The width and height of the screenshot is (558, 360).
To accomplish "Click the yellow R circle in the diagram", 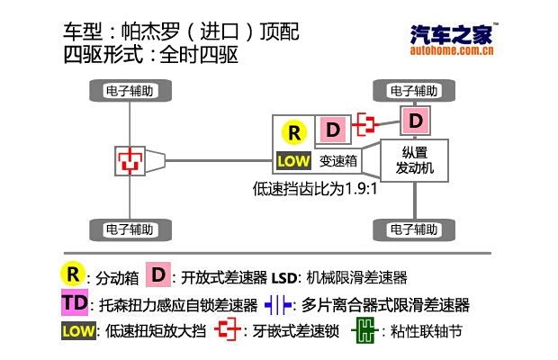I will coord(293,132).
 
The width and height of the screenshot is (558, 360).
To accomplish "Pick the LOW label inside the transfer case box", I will coord(293,163).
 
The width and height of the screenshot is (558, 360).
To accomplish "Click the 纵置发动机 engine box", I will coord(415,159).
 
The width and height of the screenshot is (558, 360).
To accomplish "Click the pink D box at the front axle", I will coord(415,120).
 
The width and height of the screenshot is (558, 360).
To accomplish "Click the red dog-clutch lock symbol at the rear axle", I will coord(131,160).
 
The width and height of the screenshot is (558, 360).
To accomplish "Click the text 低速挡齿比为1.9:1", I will coord(312,190).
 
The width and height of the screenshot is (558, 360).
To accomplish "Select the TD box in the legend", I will coord(75,303).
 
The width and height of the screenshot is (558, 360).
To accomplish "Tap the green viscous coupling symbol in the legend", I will coord(363,330).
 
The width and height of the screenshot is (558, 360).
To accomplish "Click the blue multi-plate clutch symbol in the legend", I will coord(279,304).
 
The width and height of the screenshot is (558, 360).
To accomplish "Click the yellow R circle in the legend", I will coord(73,274).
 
